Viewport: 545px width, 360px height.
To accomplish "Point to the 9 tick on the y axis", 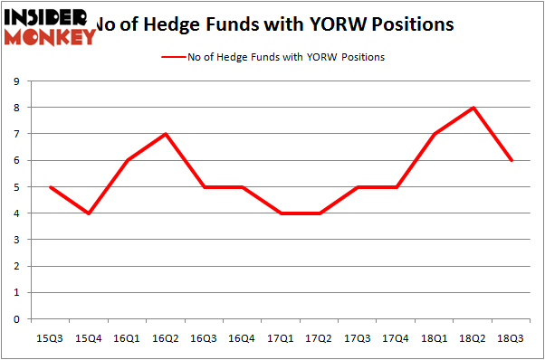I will coord(18,81).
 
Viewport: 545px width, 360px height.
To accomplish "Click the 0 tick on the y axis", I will coord(18,319).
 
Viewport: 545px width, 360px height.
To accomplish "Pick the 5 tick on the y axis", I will coord(18,187).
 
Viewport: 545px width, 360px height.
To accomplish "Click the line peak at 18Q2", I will coord(473,108).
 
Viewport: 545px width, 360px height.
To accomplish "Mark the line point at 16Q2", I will coord(166,134).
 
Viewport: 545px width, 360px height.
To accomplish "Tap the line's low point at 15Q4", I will coord(89,213).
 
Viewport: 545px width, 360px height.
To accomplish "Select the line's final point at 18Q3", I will coord(511,160).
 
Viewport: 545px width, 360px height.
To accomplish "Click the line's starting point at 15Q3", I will coord(50,187).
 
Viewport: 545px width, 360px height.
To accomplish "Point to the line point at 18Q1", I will coord(435,134).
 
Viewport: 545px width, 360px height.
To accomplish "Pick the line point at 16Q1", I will coord(127,160).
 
